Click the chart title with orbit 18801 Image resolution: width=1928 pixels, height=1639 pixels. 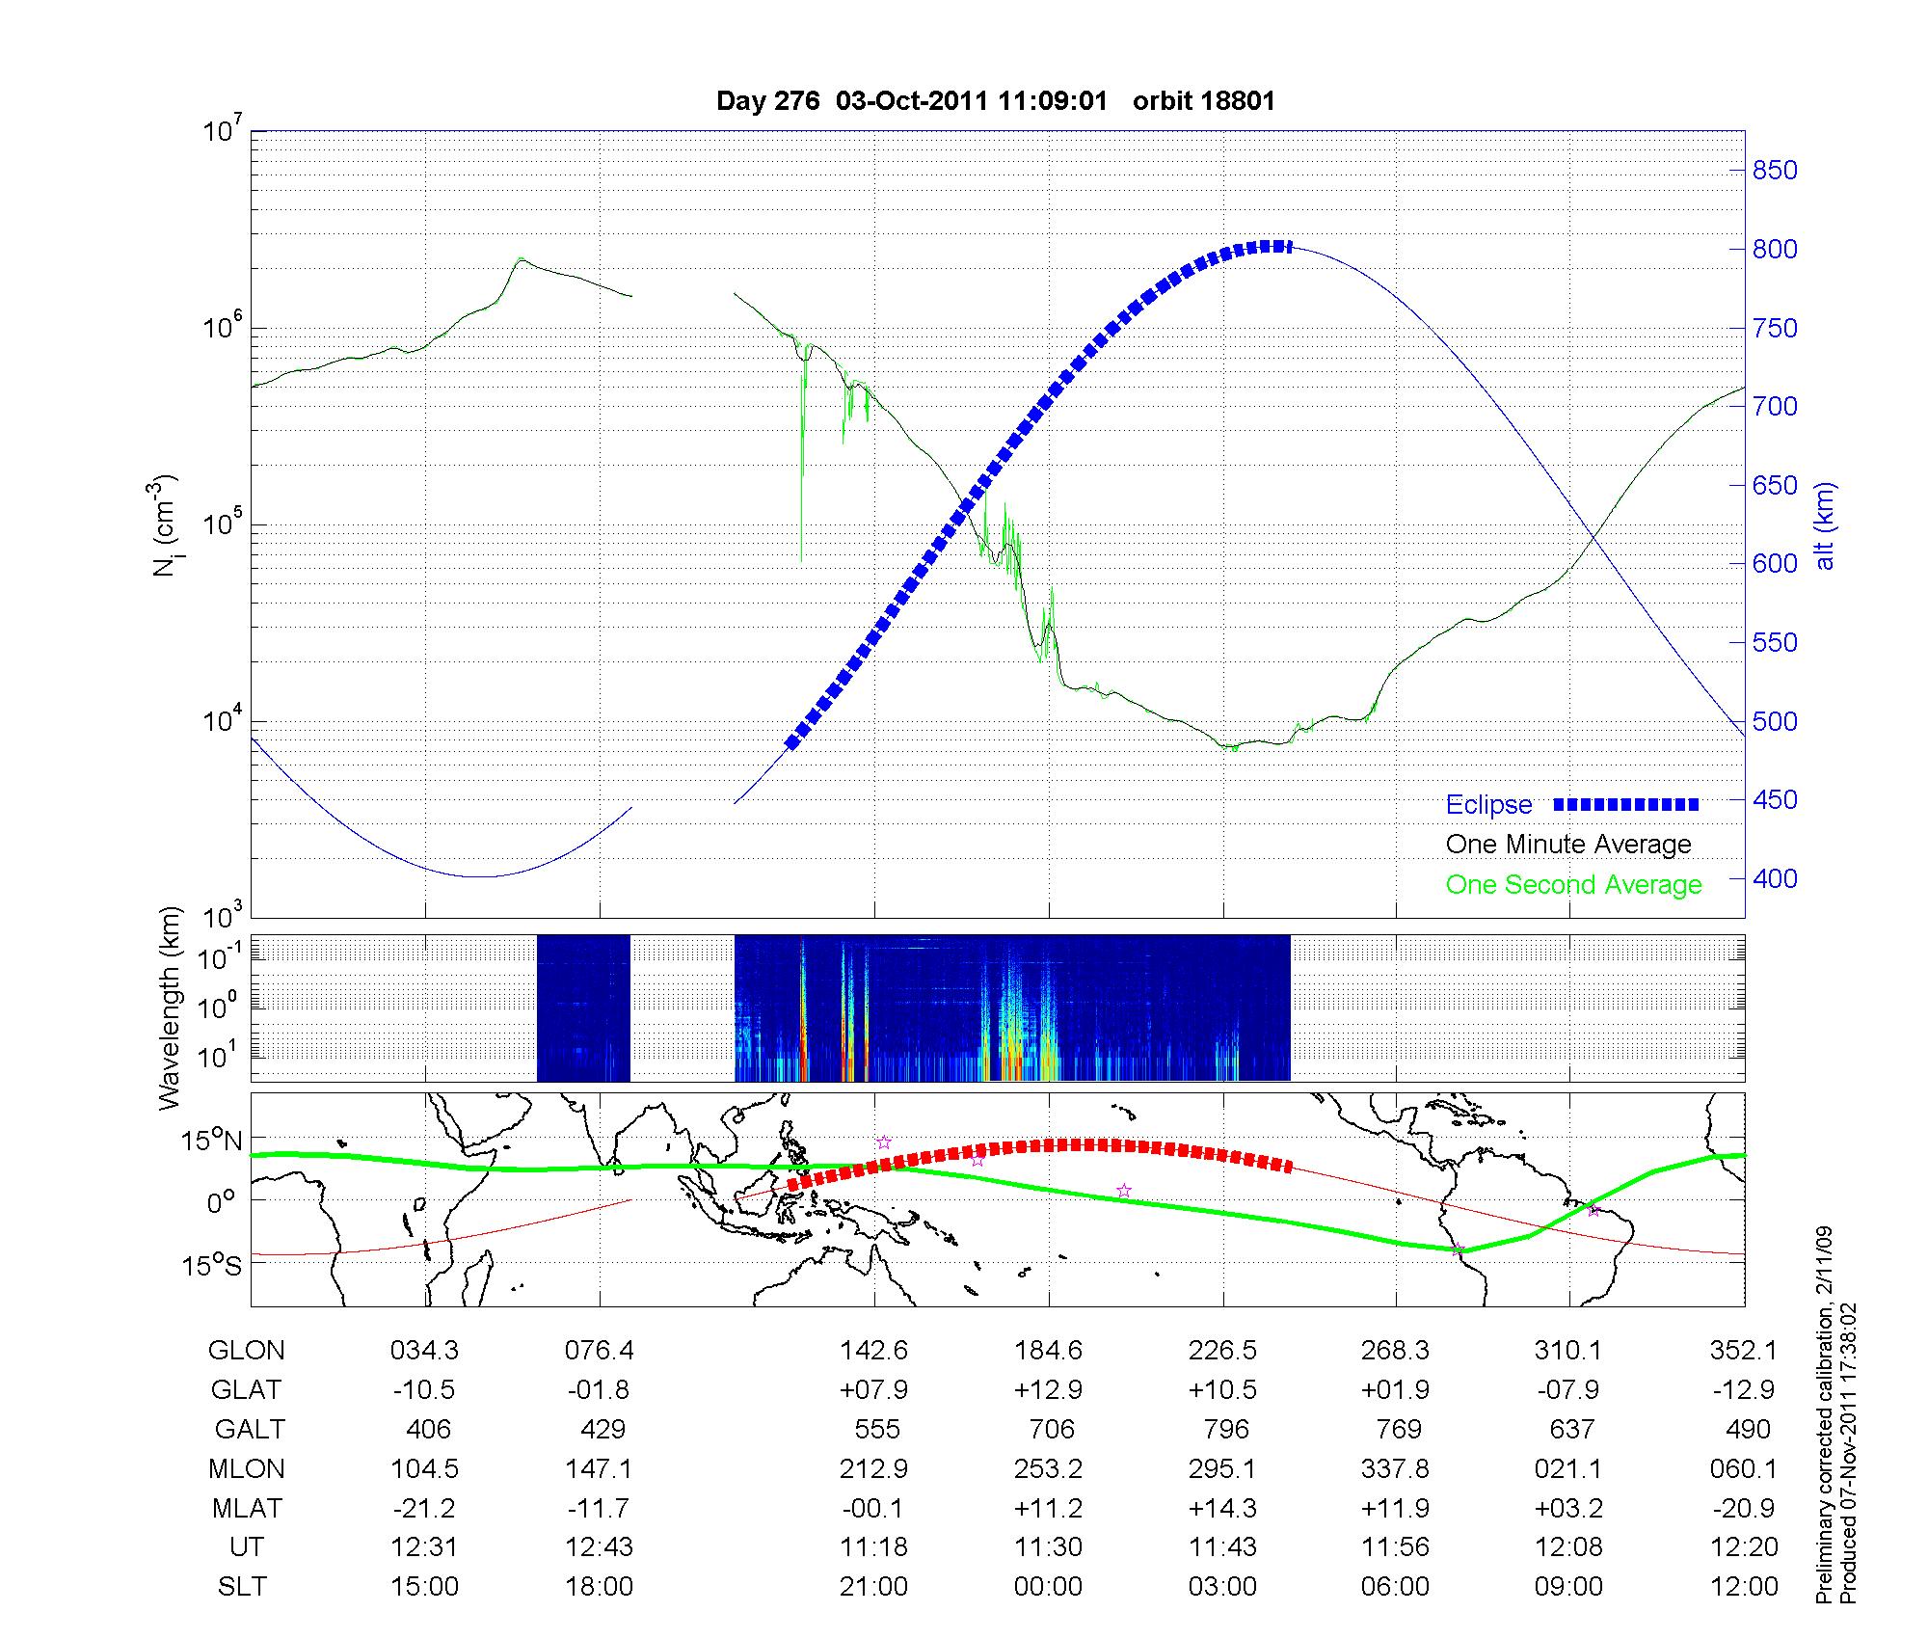coord(996,101)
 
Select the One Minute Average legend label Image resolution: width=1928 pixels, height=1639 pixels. coord(1568,845)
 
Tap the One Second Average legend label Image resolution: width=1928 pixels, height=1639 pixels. coord(1573,885)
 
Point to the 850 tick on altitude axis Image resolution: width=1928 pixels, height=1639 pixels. coord(1775,171)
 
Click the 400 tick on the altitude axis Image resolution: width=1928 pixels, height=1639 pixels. coord(1775,879)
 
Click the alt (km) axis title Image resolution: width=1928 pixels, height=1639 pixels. coord(1825,525)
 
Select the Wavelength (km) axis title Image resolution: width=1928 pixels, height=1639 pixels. coord(170,1008)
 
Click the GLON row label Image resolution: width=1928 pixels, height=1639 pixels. coord(246,1351)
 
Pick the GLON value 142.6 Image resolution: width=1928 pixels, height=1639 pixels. coord(874,1351)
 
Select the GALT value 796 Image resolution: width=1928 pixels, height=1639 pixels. coord(1225,1430)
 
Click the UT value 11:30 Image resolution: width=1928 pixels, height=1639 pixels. coord(1048,1547)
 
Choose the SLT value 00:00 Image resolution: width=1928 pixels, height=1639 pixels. coord(1048,1587)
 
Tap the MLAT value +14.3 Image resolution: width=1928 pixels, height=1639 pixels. coord(1223,1508)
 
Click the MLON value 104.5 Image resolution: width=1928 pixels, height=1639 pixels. coord(424,1469)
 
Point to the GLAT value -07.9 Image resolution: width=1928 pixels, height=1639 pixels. coord(1568,1390)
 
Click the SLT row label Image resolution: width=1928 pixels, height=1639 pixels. coord(242,1587)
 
